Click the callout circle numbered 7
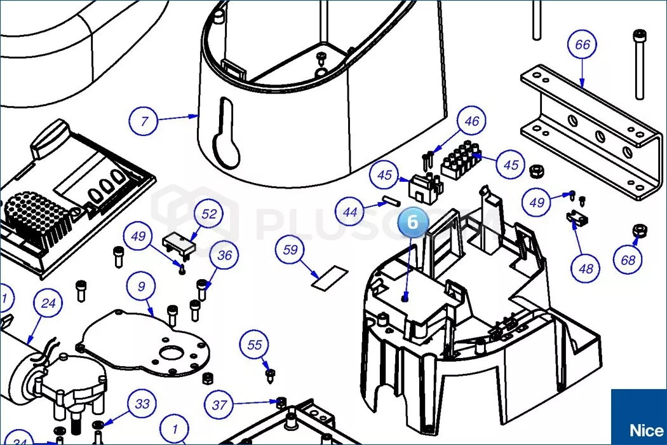[x=144, y=120]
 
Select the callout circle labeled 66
[x=582, y=45]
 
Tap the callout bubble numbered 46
[x=471, y=121]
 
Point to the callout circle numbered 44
[x=350, y=213]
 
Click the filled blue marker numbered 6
[x=413, y=222]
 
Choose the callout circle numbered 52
[x=209, y=214]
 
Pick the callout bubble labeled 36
[x=225, y=256]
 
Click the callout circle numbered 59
[x=290, y=250]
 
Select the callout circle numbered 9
[x=141, y=287]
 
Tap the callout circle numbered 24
[x=48, y=304]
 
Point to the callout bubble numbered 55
[x=255, y=345]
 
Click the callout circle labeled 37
[x=219, y=405]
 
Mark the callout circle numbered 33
[x=142, y=404]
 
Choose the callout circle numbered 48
[x=586, y=268]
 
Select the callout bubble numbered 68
[x=628, y=260]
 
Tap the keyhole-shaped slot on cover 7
[x=226, y=135]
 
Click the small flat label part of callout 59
[x=330, y=278]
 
